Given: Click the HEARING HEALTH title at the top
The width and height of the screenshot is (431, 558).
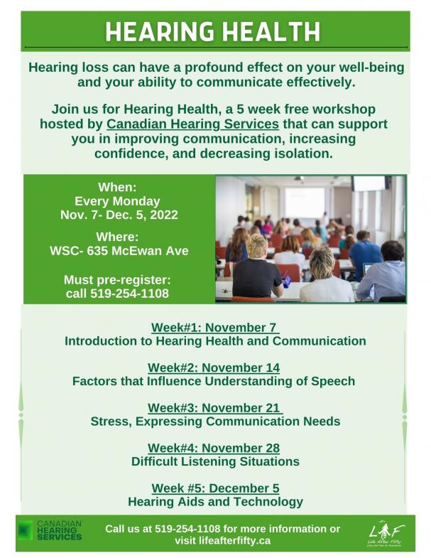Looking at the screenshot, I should point(213,32).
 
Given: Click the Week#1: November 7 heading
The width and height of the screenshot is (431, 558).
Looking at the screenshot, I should point(215,328).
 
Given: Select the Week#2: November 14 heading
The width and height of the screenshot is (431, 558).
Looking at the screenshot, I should point(214,367).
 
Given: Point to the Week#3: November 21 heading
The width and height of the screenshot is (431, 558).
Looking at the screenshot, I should point(215,408).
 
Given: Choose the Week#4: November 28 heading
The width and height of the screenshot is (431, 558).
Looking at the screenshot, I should point(214,448).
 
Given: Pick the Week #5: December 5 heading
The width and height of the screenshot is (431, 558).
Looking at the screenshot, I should point(215,488).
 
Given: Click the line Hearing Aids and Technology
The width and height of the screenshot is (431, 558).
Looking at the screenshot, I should point(215,502).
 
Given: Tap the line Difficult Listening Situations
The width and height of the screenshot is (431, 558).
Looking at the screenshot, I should point(215,461).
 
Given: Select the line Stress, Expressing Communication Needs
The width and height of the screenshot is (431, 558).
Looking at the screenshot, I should point(215,422).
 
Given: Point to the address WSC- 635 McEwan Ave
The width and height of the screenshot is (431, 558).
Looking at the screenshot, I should point(118,250).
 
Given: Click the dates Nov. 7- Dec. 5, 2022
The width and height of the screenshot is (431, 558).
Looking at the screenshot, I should point(119,215).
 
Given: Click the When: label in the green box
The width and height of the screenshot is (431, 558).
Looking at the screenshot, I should point(117,187).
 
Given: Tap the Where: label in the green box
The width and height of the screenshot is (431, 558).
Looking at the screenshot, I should point(118,237).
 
